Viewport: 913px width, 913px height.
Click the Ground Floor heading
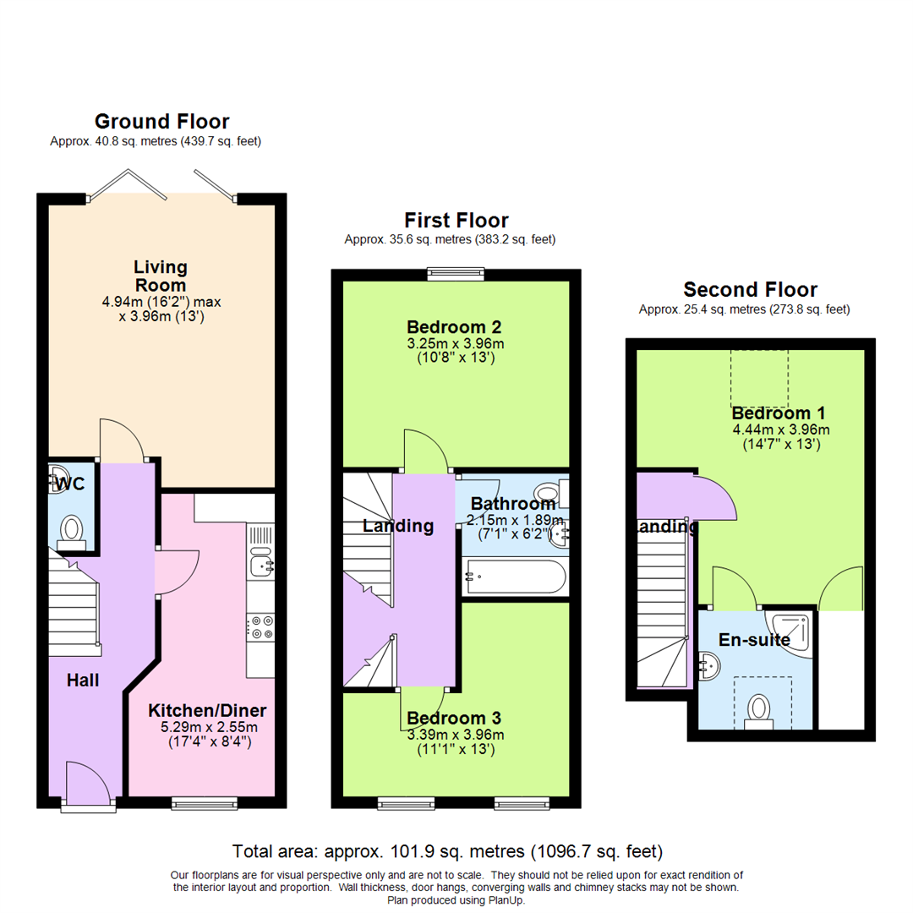click(161, 121)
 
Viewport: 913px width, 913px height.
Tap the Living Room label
click(161, 276)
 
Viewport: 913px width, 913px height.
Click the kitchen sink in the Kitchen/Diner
click(260, 561)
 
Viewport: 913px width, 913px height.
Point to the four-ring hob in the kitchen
click(260, 626)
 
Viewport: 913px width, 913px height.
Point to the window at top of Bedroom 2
click(456, 273)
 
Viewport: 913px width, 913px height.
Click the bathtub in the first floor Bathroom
click(512, 578)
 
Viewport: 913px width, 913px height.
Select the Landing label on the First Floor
click(397, 526)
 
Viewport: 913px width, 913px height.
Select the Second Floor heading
click(750, 290)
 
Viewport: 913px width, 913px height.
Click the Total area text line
click(447, 850)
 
